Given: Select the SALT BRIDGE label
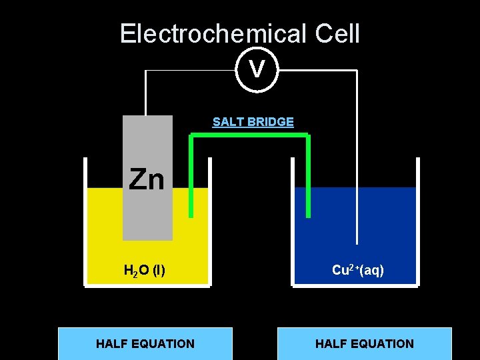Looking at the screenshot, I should [253, 122].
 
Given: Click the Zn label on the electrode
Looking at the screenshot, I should [147, 179].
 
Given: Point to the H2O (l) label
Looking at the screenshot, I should [145, 271].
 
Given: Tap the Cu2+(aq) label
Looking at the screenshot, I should [358, 270].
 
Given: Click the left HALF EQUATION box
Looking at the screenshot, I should [145, 343].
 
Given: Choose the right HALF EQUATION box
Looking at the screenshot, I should [364, 343].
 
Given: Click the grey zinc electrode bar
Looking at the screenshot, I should [147, 213].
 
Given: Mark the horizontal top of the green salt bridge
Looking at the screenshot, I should [249, 136].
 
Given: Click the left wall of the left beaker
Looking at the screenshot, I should [85, 220].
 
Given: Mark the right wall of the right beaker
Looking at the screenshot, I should [418, 220].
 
